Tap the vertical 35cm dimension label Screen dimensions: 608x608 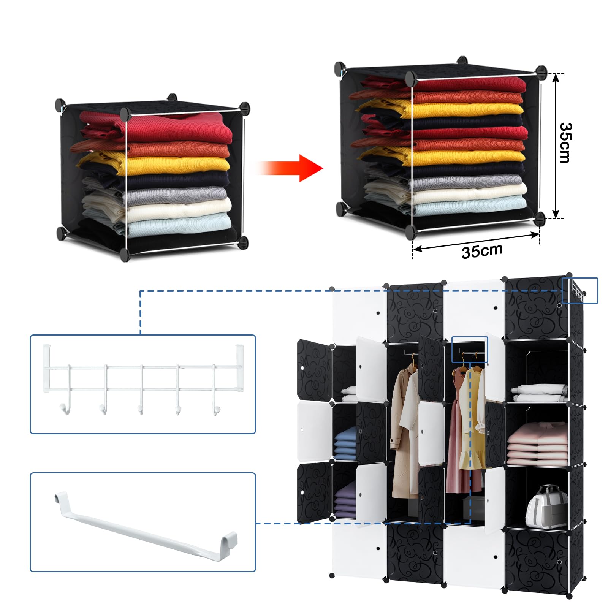[565, 142]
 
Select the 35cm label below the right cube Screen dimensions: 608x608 [482, 251]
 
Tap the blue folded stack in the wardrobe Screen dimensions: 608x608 [346, 443]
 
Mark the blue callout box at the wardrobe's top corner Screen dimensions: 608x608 [580, 291]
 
